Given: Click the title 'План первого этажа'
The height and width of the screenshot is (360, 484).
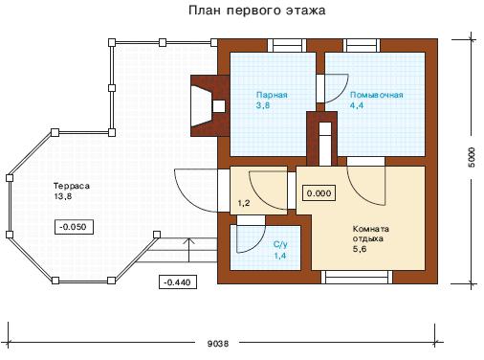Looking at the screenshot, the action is pyautogui.click(x=256, y=11).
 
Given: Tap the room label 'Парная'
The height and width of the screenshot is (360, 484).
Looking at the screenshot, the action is pyautogui.click(x=272, y=95).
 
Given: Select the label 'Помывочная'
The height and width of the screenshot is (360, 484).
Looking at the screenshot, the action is pyautogui.click(x=376, y=95).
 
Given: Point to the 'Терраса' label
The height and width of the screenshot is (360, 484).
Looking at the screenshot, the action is pyautogui.click(x=72, y=186).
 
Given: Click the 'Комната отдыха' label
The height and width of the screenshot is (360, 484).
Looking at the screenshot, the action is pyautogui.click(x=371, y=234).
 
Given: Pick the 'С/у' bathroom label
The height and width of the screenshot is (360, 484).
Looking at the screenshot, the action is pyautogui.click(x=280, y=245).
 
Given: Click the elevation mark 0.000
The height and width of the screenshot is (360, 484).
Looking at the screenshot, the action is pyautogui.click(x=319, y=193).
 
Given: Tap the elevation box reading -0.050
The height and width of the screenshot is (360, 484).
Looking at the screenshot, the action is pyautogui.click(x=74, y=227).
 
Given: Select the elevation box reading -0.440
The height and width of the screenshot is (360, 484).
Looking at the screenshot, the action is pyautogui.click(x=178, y=281).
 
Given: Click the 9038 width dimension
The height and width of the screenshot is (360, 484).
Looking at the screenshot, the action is pyautogui.click(x=218, y=344).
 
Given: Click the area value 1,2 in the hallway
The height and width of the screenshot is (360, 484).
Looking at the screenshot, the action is pyautogui.click(x=244, y=203).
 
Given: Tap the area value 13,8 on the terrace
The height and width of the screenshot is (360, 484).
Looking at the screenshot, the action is pyautogui.click(x=63, y=196).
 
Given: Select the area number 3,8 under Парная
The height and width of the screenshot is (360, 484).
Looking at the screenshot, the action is pyautogui.click(x=263, y=105).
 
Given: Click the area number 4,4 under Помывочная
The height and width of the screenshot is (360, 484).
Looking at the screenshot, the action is pyautogui.click(x=357, y=105).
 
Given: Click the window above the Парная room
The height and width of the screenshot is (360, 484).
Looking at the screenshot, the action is pyautogui.click(x=287, y=46).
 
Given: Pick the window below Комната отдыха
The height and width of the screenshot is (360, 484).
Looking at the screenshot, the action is pyautogui.click(x=357, y=277).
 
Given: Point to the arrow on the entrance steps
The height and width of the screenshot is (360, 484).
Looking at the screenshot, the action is pyautogui.click(x=190, y=250).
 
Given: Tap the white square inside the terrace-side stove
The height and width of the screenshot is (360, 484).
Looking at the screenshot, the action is pyautogui.click(x=219, y=106).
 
